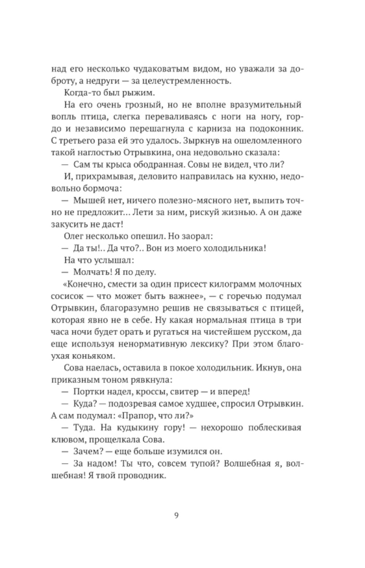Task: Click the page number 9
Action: pyautogui.click(x=176, y=516)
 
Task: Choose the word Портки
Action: pyautogui.click(x=87, y=391)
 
